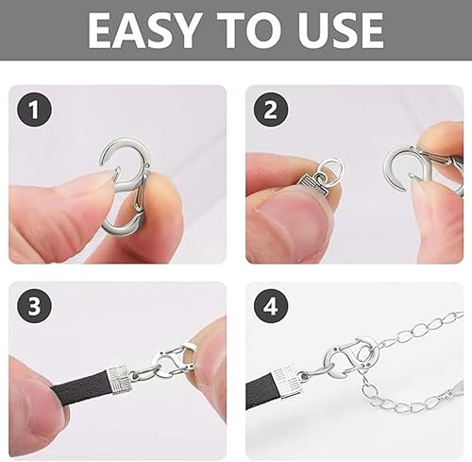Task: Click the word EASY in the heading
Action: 144,30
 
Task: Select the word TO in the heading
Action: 248,30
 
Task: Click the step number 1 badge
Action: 34,110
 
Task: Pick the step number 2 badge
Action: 271,110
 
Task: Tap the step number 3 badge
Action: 34,306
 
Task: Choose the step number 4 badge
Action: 271,306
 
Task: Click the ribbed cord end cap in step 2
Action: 312,187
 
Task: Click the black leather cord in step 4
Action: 261,391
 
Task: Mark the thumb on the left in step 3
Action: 36,397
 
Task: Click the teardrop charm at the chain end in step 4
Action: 457,386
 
